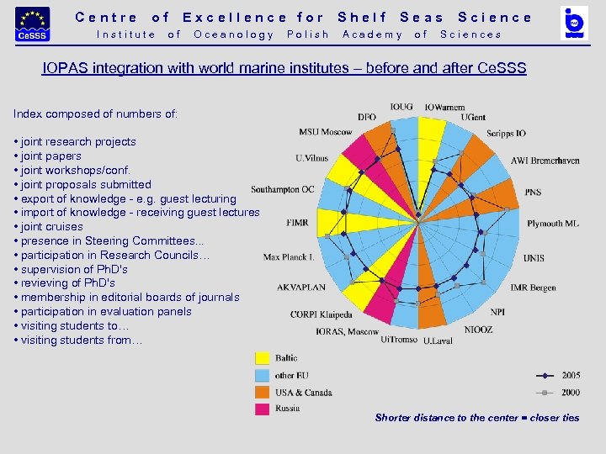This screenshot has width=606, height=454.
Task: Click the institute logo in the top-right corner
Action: (574, 24)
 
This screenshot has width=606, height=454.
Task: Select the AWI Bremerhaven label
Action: (545, 161)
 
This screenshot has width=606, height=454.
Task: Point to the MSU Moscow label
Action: (326, 132)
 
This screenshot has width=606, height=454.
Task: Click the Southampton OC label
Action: (283, 189)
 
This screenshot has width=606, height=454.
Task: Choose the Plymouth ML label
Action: (553, 224)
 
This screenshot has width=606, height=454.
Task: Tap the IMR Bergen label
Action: (533, 288)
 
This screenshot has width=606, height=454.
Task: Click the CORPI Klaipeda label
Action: (322, 314)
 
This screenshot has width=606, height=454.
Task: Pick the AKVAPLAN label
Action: (301, 288)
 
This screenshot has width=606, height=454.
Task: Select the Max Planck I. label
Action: (289, 257)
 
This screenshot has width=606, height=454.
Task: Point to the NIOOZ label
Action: (478, 330)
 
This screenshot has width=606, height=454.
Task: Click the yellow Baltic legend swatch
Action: (263, 358)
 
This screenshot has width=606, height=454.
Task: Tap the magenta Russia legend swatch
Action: (263, 409)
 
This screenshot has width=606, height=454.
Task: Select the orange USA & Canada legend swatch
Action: (263, 393)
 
